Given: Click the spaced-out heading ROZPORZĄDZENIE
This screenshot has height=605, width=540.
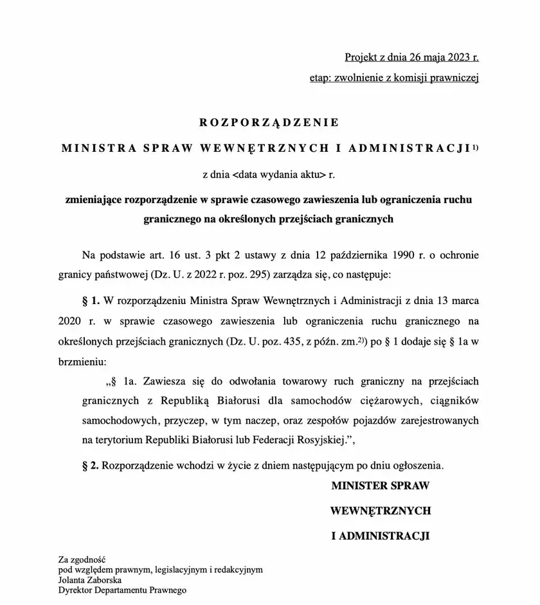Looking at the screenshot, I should tap(269, 122).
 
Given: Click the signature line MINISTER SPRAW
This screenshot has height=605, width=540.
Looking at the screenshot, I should tap(380, 486).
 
